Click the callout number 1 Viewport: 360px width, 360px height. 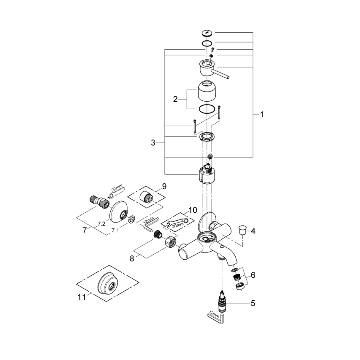(262, 114)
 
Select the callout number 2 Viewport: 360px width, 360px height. (175, 99)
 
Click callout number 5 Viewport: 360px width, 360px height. (253, 303)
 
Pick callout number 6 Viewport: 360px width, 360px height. (253, 275)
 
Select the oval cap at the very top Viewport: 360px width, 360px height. (207, 33)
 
